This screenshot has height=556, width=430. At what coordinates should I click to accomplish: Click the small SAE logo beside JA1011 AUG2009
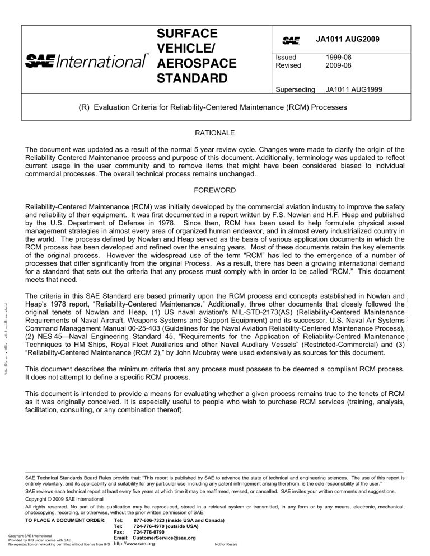[291, 40]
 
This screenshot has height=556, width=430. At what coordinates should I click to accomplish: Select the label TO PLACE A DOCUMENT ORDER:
[66, 520]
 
